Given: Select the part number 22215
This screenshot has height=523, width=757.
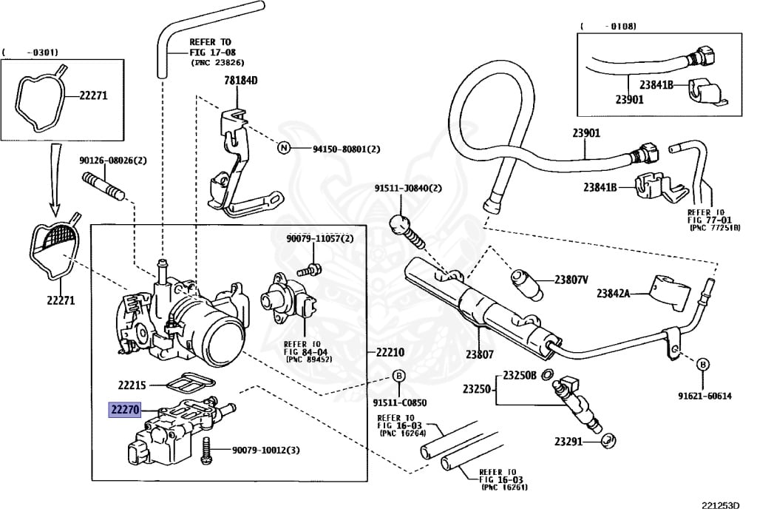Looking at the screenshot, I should [x=132, y=385].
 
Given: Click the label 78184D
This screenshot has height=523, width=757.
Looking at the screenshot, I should [x=240, y=81].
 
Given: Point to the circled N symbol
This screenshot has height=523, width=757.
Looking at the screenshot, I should [x=282, y=148].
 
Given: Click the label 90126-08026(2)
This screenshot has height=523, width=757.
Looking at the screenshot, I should [x=113, y=160].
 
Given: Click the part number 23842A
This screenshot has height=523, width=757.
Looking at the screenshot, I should [x=613, y=293].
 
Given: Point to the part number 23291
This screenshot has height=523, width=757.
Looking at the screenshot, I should [x=569, y=442].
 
